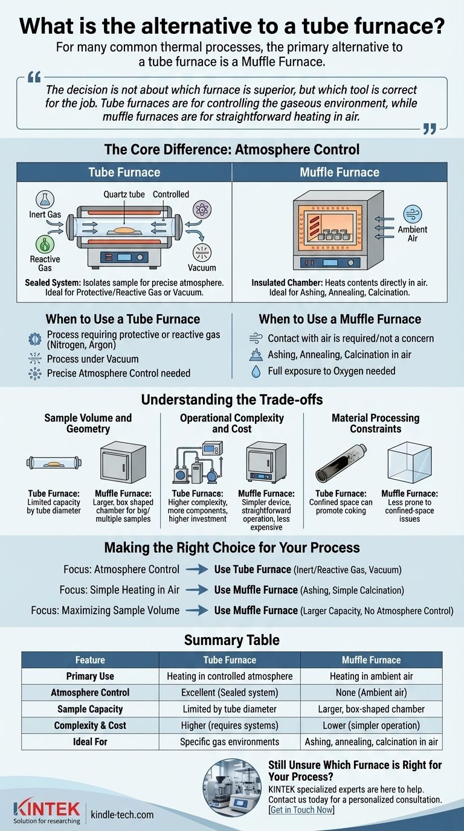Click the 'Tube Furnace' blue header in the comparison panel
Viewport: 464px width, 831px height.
(124, 172)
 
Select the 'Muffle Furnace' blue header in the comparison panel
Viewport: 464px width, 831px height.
(340, 172)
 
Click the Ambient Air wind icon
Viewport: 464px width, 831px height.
(413, 214)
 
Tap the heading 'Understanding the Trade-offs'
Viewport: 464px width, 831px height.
(232, 400)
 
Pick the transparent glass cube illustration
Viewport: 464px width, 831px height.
(409, 462)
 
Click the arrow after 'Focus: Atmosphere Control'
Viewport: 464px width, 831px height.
(196, 570)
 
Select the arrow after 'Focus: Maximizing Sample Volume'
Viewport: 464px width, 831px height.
(196, 611)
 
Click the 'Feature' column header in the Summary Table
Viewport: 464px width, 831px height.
(90, 660)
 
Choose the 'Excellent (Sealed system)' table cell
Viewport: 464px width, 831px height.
(229, 693)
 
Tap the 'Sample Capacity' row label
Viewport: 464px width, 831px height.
(90, 709)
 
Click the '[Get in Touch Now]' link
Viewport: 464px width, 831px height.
(301, 810)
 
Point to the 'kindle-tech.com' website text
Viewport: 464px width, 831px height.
(122, 815)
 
